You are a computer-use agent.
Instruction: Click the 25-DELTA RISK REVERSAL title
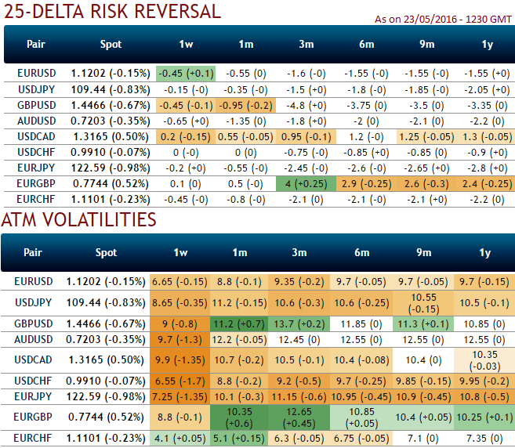[x=111, y=12]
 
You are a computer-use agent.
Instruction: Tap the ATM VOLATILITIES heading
[x=78, y=220]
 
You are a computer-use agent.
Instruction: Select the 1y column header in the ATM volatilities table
[x=484, y=252]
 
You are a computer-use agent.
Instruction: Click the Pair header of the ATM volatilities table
[x=33, y=252]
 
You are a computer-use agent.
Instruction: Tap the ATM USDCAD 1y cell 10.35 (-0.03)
[x=484, y=360]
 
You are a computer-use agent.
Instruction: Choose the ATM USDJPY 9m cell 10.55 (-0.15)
[x=424, y=302]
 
